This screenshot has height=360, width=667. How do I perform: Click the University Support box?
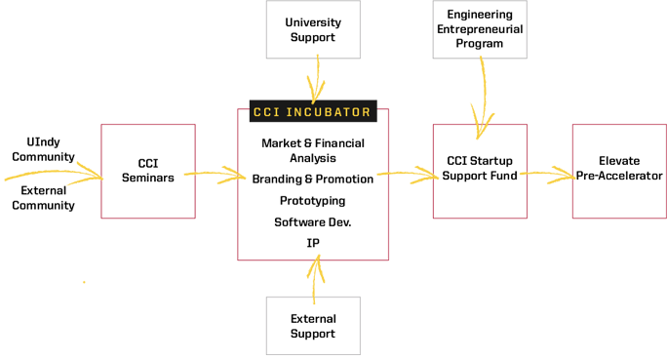point(312,29)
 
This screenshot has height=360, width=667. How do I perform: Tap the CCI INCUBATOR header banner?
point(312,112)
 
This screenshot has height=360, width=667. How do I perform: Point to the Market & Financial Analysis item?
point(312,150)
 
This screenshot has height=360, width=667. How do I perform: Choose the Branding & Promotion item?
point(313,180)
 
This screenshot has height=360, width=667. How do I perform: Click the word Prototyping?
point(313,201)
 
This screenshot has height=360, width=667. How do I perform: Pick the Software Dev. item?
point(313,222)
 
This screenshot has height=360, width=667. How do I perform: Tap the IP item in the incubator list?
point(313,243)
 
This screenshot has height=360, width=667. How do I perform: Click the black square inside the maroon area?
point(147,175)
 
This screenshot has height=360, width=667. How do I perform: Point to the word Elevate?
point(619,162)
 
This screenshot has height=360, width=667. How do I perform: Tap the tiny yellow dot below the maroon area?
point(84,282)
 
